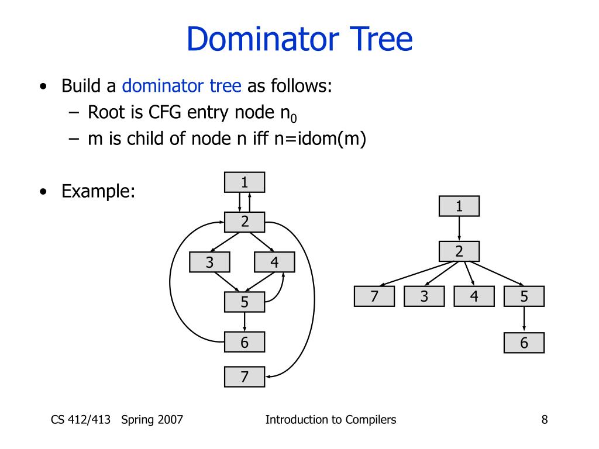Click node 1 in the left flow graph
(245, 182)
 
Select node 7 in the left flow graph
(245, 377)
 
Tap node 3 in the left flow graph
(209, 263)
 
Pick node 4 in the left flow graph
(274, 263)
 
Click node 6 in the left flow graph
(245, 343)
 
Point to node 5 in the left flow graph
(245, 302)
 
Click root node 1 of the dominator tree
(459, 206)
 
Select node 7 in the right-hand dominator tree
(374, 296)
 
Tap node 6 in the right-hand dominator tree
(524, 343)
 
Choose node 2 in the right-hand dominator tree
(459, 251)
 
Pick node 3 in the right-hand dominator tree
(424, 296)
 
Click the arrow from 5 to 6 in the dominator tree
(524, 319)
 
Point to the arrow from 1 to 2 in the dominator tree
(459, 229)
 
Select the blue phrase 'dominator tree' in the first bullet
(181, 87)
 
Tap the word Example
(98, 191)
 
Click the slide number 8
(545, 419)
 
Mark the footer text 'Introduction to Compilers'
(331, 419)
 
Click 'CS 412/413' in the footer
(81, 419)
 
